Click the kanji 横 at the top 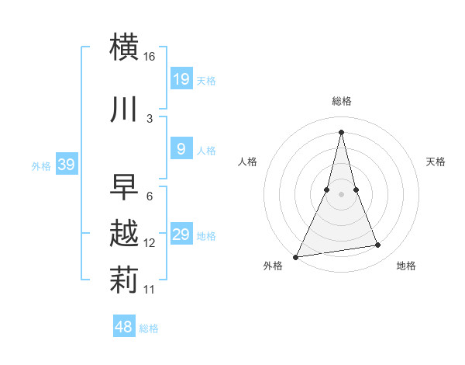pos(126,47)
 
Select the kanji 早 pos(125,186)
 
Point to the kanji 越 pos(125,234)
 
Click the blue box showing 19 pos(181,78)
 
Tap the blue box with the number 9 pos(181,149)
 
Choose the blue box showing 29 pos(181,235)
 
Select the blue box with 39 pos(67,165)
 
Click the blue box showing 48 pos(124,327)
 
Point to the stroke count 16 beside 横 pos(150,57)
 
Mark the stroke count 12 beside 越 pos(150,243)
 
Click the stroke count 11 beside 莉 pos(150,290)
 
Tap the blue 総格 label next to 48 pos(149,328)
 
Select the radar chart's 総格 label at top pos(341,101)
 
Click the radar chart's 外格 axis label pos(273,266)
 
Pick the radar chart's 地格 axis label pos(406,266)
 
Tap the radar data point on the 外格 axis pos(296,256)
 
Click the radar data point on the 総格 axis pos(341,131)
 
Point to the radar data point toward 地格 pos(378,245)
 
